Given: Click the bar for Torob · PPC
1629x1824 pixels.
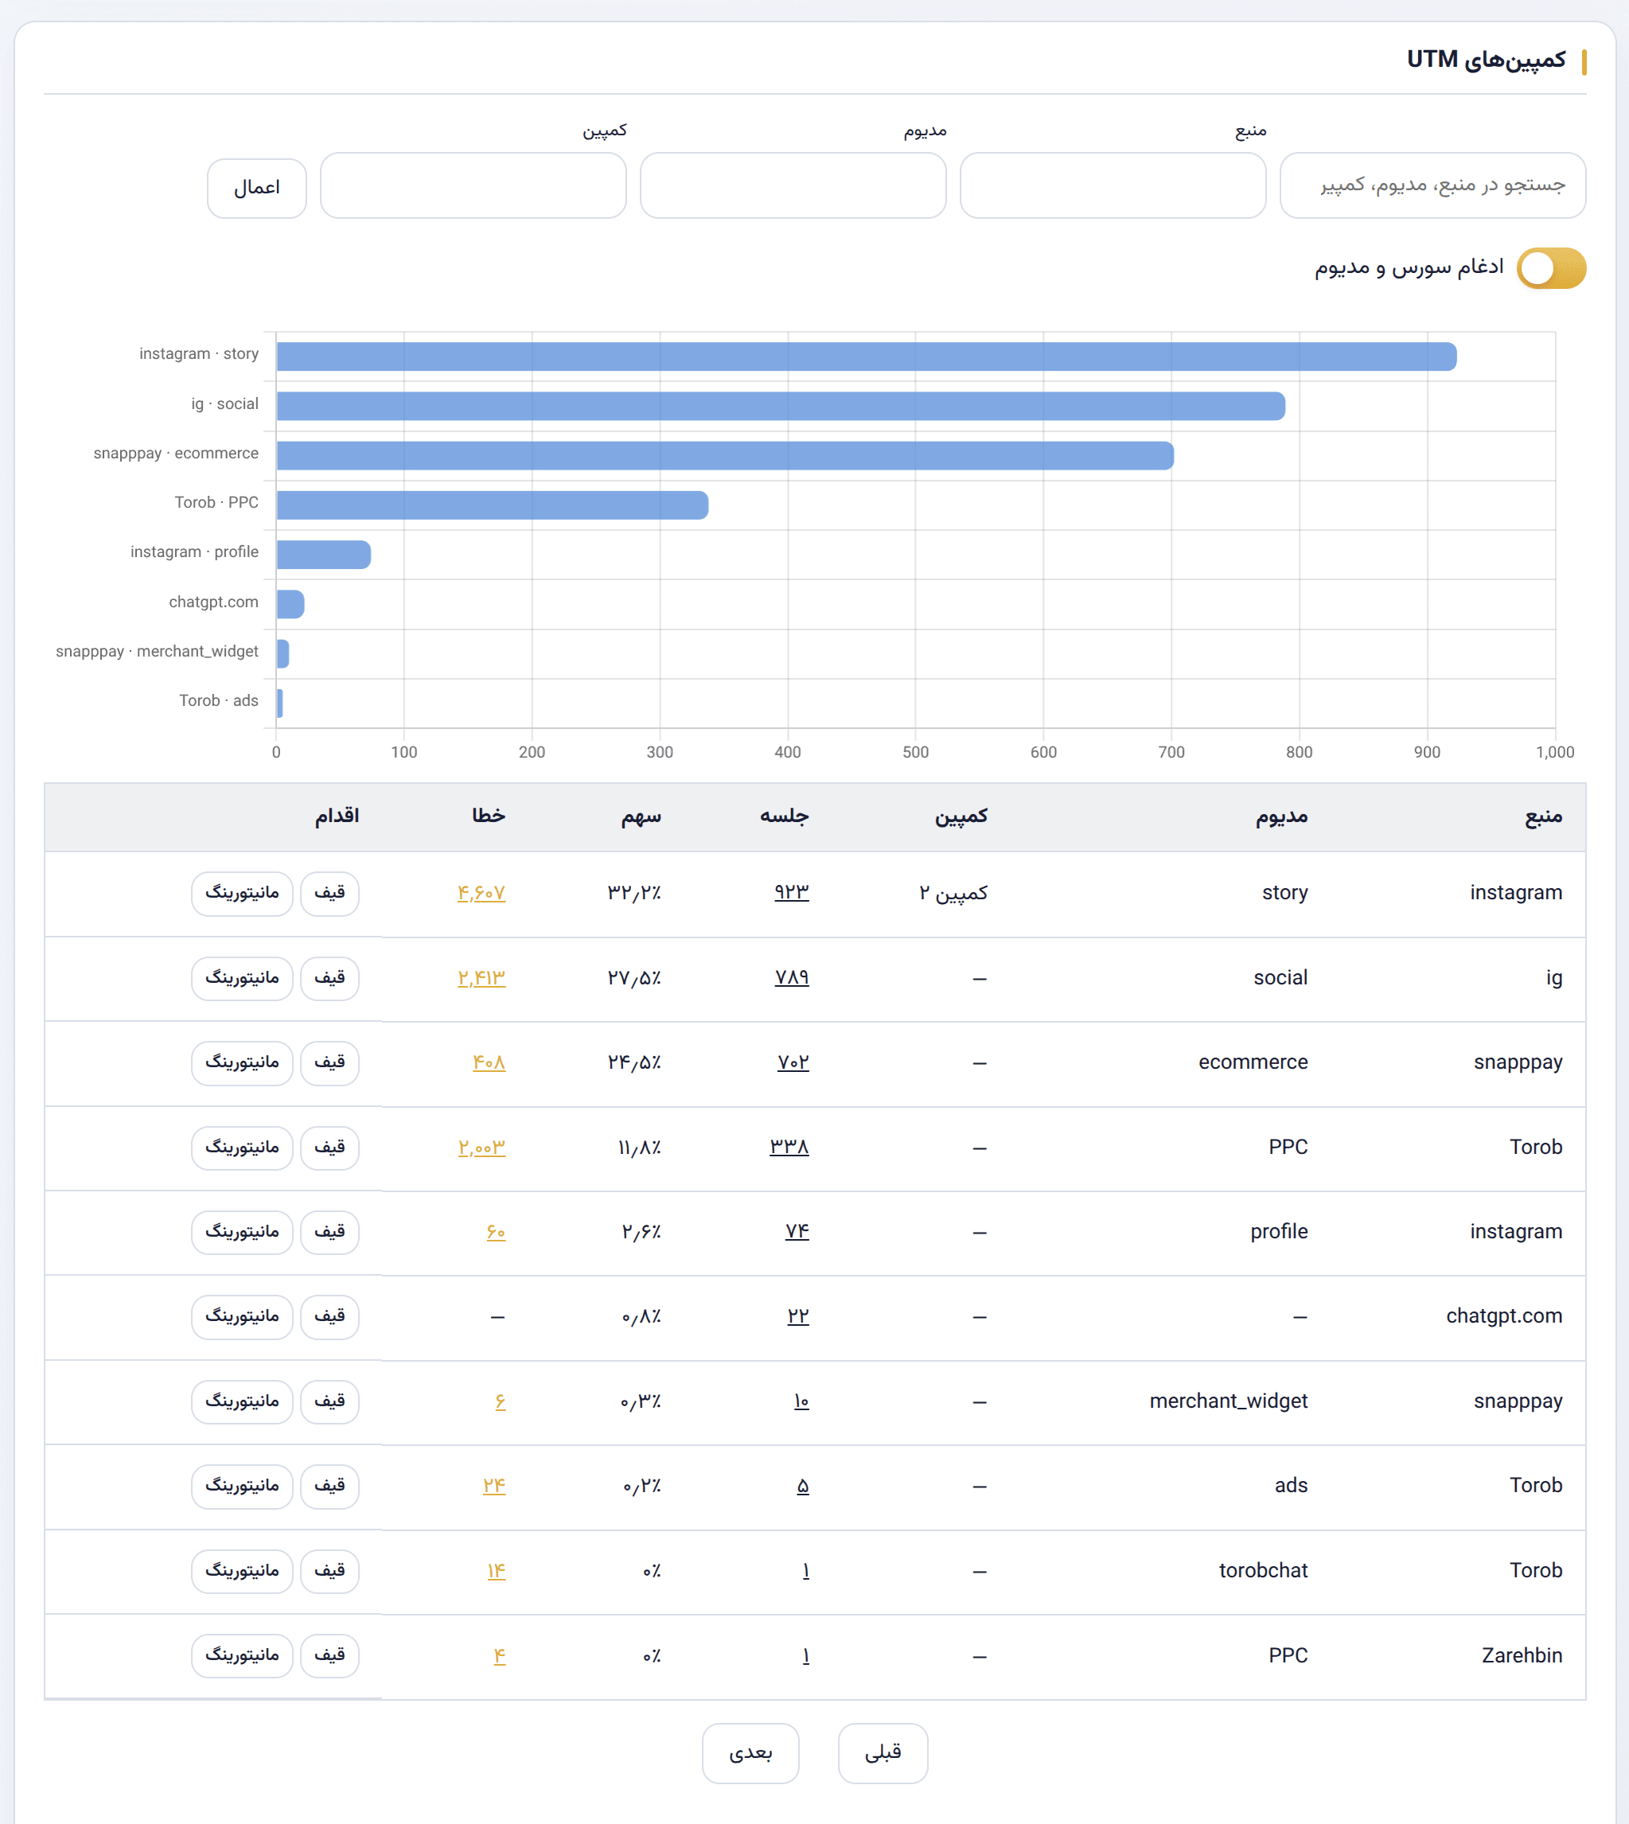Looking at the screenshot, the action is [493, 505].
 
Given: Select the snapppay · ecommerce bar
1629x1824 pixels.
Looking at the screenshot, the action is [725, 455].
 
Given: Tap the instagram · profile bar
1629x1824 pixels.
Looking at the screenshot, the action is [323, 555].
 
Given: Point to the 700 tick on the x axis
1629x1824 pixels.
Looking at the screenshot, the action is [1171, 752].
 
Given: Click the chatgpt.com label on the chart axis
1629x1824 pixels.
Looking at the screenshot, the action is [213, 602].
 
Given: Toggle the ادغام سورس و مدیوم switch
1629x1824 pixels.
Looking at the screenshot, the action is [1551, 268].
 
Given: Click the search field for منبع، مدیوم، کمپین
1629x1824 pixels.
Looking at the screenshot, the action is [1433, 185].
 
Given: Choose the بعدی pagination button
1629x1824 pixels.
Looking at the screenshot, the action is [750, 1752].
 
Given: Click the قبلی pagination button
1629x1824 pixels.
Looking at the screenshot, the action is [883, 1752].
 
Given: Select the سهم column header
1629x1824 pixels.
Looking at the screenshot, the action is [641, 816].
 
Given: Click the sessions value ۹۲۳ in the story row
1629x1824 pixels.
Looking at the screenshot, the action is [791, 892].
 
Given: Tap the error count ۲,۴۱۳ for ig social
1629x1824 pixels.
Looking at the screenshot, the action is [481, 977].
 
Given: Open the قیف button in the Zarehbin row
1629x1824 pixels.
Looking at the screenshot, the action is [329, 1654].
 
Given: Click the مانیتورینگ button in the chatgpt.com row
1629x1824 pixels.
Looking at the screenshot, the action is [242, 1315].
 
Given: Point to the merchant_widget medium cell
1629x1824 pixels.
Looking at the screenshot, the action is [1228, 1401].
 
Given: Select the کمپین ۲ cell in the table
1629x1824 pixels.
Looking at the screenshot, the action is [953, 892].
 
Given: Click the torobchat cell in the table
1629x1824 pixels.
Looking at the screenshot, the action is [1263, 1570].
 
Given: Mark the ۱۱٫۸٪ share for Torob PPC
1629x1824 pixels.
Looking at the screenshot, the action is [639, 1147].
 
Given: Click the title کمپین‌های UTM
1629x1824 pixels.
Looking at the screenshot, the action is [1486, 60].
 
